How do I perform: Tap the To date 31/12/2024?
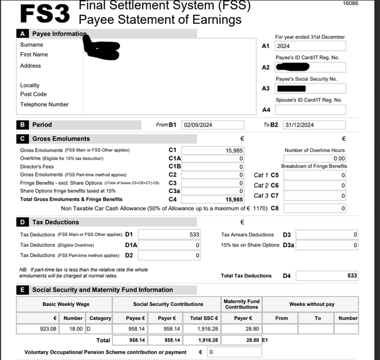314,125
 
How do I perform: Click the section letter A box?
23,34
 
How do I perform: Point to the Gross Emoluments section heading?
61,138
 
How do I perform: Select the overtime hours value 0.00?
314,159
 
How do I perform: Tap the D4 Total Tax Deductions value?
327,276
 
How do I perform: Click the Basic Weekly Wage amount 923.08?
38,329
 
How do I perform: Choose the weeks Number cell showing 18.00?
73,329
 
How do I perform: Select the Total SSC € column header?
204,318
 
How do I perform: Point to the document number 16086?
350,4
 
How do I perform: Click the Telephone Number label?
45,105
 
